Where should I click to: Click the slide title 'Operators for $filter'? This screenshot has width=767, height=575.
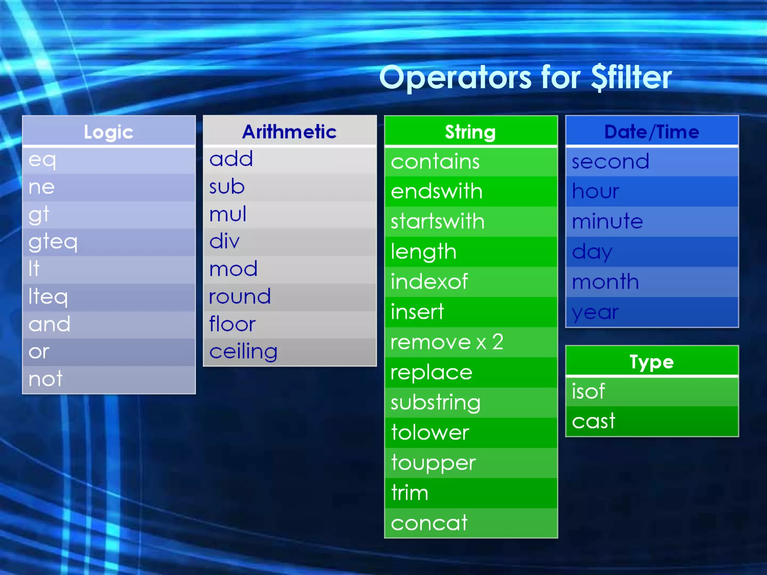click(x=525, y=77)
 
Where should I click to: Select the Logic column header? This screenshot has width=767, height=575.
click(x=109, y=131)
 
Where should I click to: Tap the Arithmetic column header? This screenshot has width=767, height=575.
click(x=289, y=131)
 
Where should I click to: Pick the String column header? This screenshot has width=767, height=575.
click(x=470, y=131)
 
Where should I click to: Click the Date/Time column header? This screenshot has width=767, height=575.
click(x=652, y=131)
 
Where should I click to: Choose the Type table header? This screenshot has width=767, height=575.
click(x=652, y=362)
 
